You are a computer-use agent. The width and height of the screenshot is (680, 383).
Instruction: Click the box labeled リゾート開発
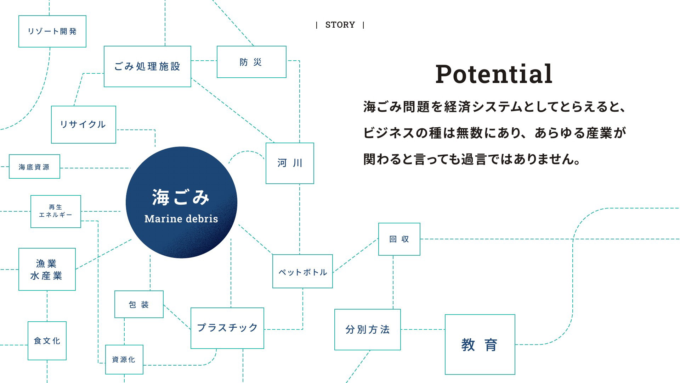[52, 31]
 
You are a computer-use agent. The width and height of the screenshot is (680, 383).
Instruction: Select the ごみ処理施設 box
[147, 66]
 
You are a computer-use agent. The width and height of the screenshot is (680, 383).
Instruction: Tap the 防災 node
[251, 62]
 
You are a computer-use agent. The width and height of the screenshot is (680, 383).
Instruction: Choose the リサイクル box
[84, 124]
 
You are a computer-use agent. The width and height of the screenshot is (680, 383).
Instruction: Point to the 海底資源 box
[34, 166]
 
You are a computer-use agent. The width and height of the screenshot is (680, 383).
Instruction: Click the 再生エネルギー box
[56, 211]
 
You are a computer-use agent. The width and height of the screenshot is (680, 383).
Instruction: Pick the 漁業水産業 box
[47, 269]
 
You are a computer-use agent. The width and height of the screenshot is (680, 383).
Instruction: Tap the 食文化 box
[47, 341]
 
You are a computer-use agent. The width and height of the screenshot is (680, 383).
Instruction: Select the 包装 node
[139, 304]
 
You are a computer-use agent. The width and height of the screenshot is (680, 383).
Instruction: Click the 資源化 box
[124, 360]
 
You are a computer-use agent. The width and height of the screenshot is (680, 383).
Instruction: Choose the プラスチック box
[227, 328]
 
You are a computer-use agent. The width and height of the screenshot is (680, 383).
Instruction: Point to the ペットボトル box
[302, 271]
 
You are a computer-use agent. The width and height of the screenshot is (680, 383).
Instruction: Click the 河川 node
[290, 163]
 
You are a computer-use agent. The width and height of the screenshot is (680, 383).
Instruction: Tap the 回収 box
[399, 239]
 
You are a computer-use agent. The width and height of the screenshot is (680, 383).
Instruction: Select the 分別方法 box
[368, 329]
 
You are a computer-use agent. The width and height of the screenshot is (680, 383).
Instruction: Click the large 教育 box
[480, 344]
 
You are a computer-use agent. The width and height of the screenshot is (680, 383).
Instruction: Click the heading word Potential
[494, 74]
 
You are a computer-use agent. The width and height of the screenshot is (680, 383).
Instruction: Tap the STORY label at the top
[340, 25]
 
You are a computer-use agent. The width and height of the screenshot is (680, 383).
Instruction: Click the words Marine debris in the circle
[181, 218]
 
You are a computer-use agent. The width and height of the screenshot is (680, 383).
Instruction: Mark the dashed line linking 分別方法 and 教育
[423, 329]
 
